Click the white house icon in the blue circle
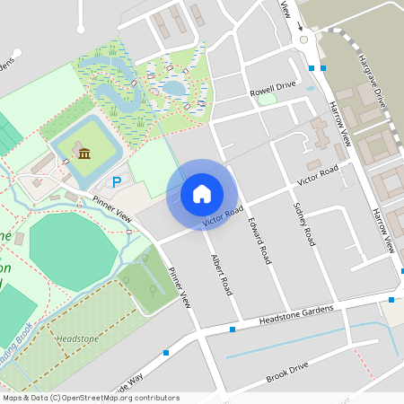point(202,193)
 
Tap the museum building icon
point(84,154)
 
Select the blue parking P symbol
point(116,182)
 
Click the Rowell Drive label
point(273,87)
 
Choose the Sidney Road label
point(304,224)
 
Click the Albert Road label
point(221,274)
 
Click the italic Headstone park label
point(77,338)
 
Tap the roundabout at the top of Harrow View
point(304,38)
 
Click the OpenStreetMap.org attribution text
point(125,398)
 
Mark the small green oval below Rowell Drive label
point(267,99)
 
